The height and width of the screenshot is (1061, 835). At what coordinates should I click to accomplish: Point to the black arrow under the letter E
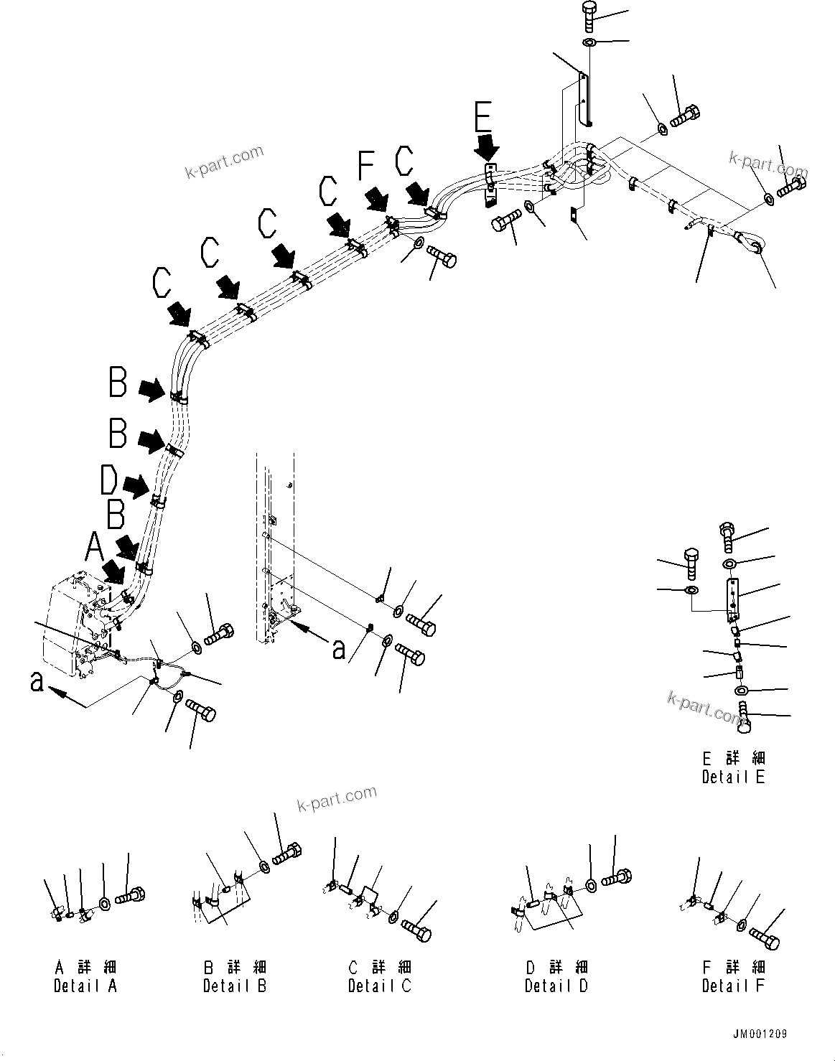tap(487, 149)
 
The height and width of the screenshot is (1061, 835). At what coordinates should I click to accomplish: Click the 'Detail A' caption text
tap(85, 986)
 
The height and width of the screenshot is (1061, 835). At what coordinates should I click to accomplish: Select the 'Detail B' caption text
tap(235, 986)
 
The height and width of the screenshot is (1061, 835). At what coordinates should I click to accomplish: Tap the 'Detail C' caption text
tap(380, 986)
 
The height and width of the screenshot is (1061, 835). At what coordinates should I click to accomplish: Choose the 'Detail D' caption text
tap(556, 986)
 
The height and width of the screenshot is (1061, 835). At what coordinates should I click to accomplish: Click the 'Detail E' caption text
tap(733, 777)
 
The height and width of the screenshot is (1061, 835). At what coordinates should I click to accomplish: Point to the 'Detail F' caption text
tap(733, 986)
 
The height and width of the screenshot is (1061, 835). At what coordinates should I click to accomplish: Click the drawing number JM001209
tap(760, 1034)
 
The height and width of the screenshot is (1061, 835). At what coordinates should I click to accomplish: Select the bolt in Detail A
tap(131, 897)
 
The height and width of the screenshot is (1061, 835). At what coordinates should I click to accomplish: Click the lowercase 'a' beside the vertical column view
tap(339, 650)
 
